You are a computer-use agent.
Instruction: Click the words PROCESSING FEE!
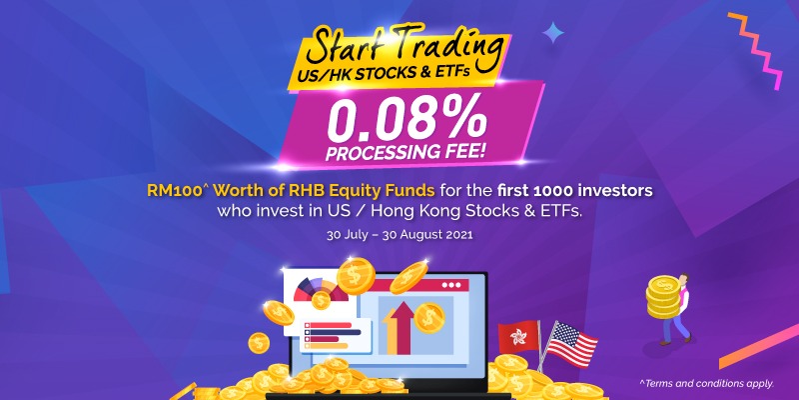click(406, 154)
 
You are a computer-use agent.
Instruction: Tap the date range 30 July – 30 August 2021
click(399, 236)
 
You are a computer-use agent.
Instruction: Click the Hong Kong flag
click(518, 337)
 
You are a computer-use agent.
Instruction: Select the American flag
click(569, 345)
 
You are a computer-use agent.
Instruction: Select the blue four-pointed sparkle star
click(553, 32)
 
